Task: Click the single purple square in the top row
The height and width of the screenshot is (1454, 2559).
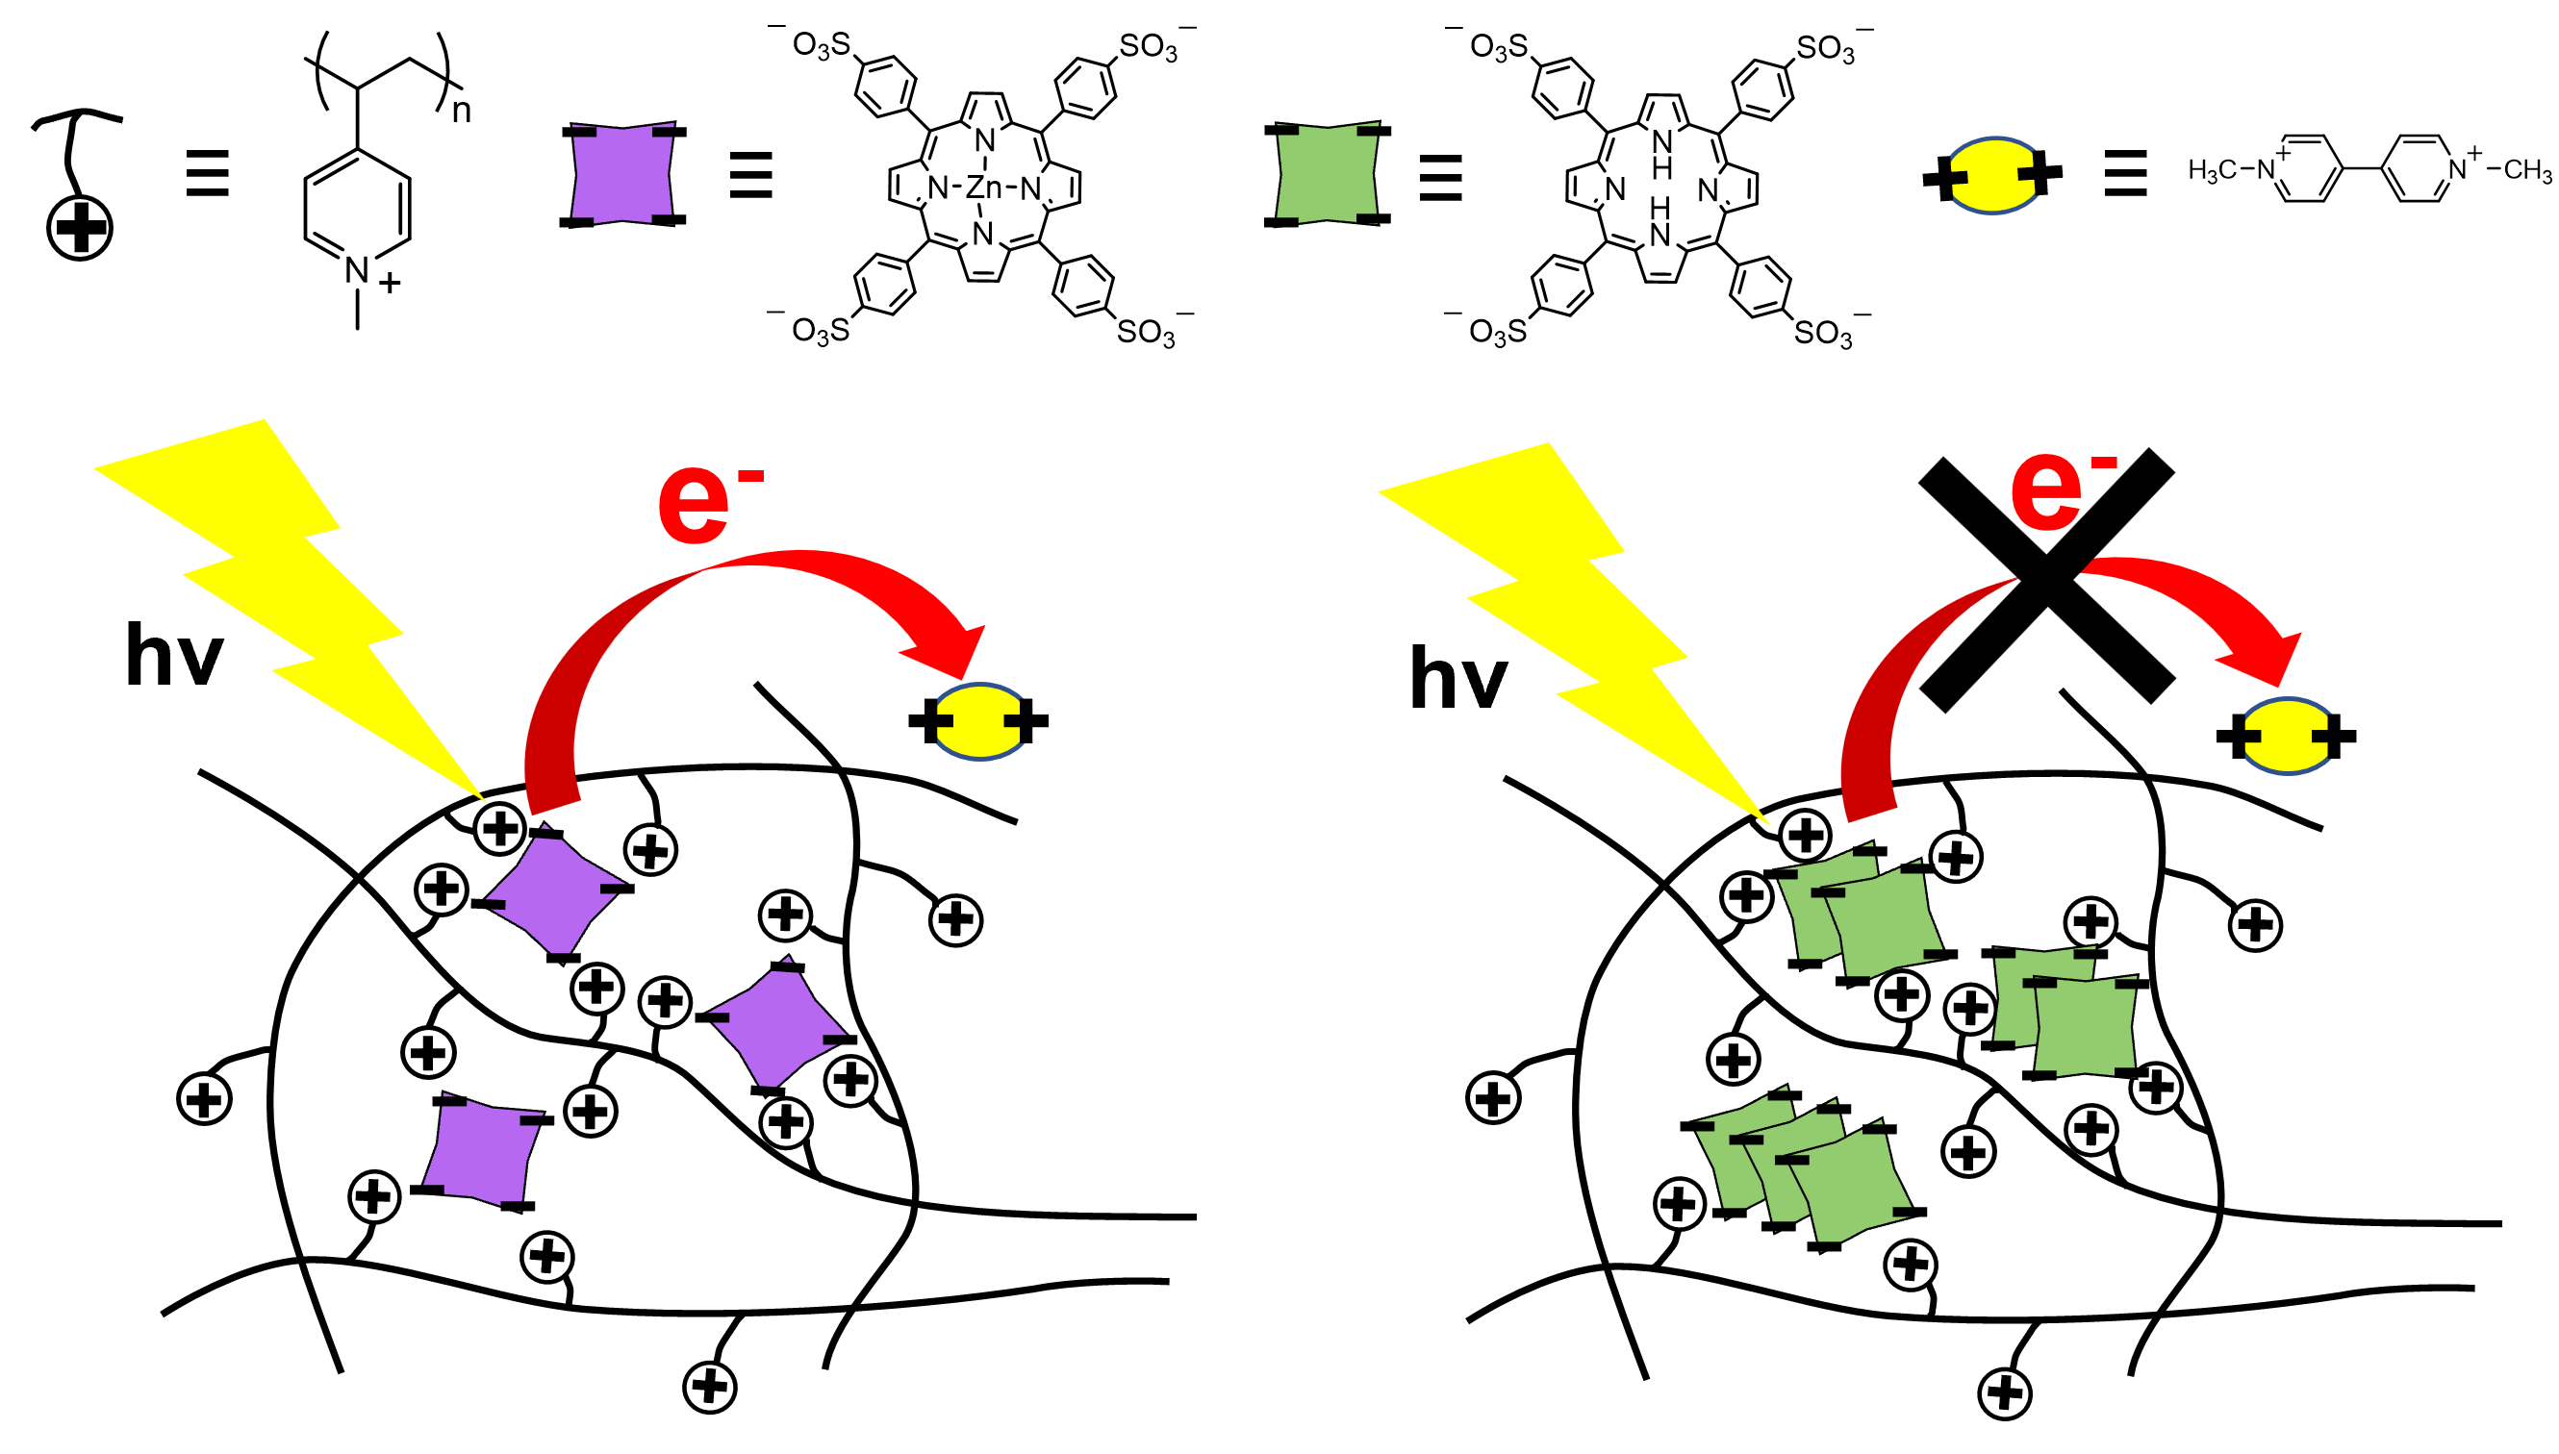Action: tap(622, 173)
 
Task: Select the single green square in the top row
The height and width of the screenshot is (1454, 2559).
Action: tap(1328, 173)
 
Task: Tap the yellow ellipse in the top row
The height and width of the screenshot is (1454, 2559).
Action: tap(1993, 176)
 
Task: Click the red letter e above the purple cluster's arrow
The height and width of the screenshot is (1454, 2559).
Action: tap(694, 505)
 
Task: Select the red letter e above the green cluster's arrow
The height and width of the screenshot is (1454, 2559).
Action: tap(2045, 492)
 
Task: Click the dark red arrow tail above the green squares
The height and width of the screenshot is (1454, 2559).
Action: tap(1888, 699)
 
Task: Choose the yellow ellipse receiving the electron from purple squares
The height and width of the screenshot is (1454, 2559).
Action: tap(980, 722)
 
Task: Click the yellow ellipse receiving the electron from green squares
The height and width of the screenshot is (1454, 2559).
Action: tap(2288, 736)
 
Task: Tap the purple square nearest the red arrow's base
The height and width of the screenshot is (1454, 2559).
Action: tap(555, 894)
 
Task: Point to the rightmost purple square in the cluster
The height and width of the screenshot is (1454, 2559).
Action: tap(777, 1028)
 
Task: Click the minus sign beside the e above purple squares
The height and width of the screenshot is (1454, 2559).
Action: tap(751, 477)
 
